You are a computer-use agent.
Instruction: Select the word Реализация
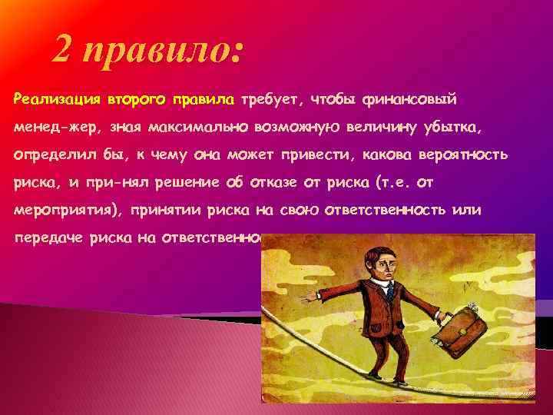(x=57, y=99)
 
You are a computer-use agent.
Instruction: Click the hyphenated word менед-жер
(x=56, y=126)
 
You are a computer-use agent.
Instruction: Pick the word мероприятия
(x=67, y=210)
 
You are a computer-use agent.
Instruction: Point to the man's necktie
(x=389, y=290)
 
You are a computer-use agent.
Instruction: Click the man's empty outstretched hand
(x=309, y=296)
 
